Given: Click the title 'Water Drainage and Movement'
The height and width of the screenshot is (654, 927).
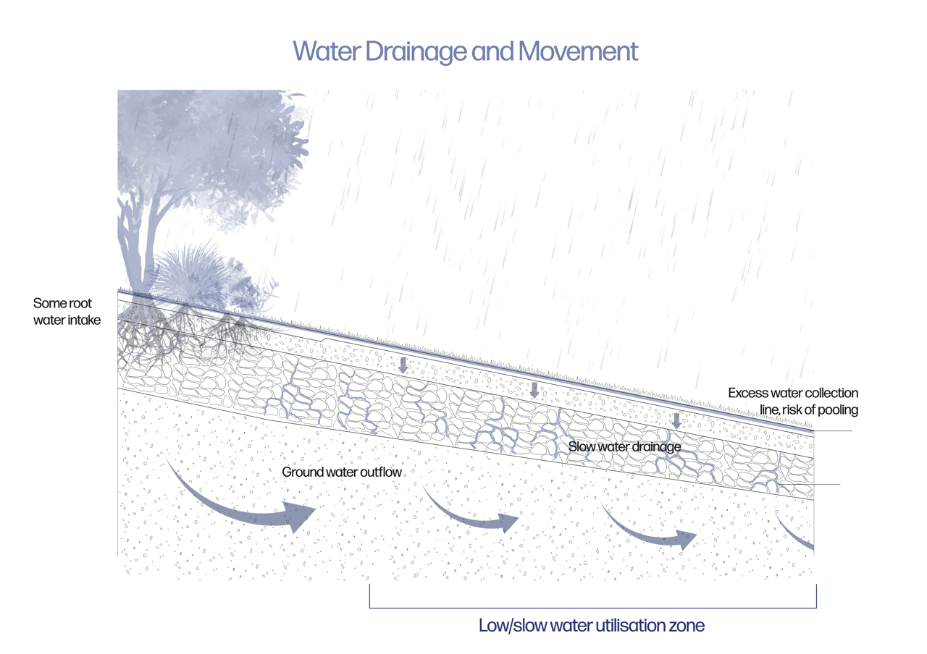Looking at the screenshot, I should [465, 51].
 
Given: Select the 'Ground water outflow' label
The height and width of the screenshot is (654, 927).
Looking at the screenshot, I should [342, 472].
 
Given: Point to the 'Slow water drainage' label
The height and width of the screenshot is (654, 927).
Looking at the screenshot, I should [624, 447].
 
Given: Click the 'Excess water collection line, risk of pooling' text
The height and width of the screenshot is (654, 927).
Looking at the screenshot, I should [793, 402].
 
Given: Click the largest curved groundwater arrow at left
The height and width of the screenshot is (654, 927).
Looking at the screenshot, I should [246, 506].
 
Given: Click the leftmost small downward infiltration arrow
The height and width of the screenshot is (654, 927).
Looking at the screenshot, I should [403, 365].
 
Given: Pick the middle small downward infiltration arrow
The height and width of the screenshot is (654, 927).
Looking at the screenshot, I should [534, 391].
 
